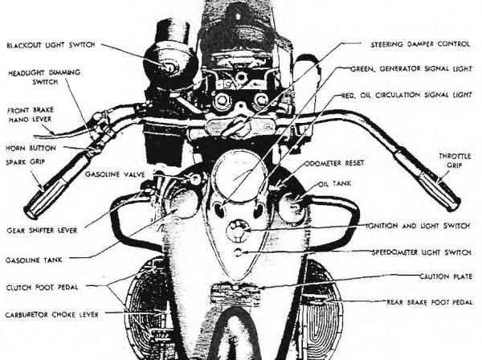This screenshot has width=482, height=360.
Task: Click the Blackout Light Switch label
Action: [51, 45]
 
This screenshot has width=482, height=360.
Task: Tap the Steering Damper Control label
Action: [420, 44]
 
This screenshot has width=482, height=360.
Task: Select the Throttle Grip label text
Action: [455, 161]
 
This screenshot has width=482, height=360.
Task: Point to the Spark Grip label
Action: [25, 162]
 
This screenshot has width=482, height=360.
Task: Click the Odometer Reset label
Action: [334, 163]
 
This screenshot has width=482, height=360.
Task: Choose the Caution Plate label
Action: [446, 276]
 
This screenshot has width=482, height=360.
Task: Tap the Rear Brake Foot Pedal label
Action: [429, 302]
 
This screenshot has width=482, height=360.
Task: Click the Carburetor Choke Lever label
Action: [52, 315]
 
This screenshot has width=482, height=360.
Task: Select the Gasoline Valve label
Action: [115, 174]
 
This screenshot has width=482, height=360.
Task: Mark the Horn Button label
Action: [31, 148]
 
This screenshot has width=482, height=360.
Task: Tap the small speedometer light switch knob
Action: [238, 252]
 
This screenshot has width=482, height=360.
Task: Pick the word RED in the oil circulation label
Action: [349, 96]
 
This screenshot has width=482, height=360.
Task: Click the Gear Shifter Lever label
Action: [42, 231]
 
